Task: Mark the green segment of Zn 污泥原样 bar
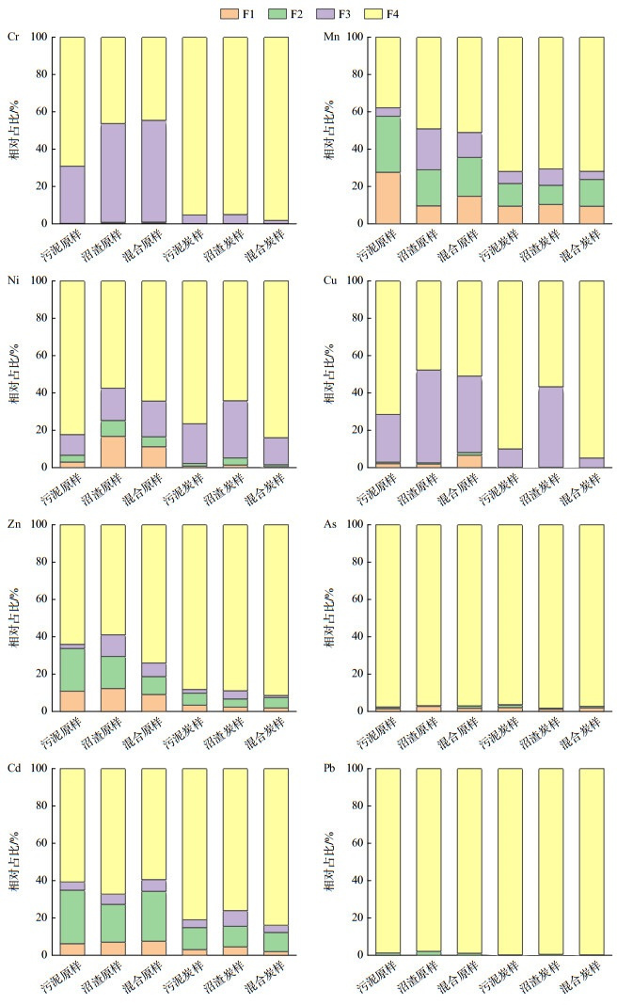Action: (72, 670)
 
